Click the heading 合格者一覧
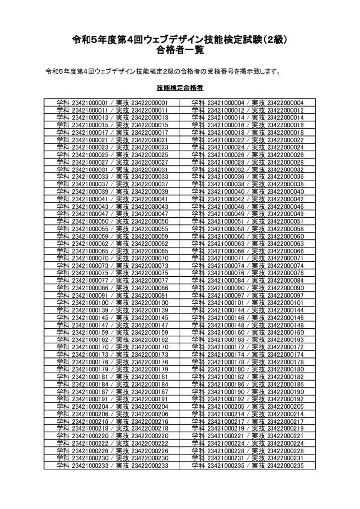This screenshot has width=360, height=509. [x=180, y=50]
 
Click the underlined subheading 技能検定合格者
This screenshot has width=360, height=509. [x=180, y=89]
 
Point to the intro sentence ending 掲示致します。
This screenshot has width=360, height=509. [x=164, y=71]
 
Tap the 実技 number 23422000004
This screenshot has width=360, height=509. [x=285, y=103]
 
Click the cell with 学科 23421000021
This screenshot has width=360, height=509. [x=112, y=141]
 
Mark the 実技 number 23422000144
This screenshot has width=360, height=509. [x=285, y=310]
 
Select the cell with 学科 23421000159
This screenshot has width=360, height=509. [x=112, y=332]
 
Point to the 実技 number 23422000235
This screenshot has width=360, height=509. [x=285, y=465]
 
